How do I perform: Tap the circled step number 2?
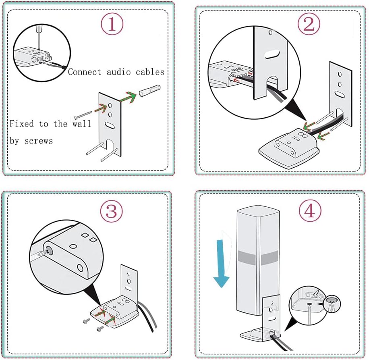pyautogui.click(x=309, y=25)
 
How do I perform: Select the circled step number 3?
pyautogui.click(x=111, y=210)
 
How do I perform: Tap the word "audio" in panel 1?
pyautogui.click(x=117, y=72)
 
